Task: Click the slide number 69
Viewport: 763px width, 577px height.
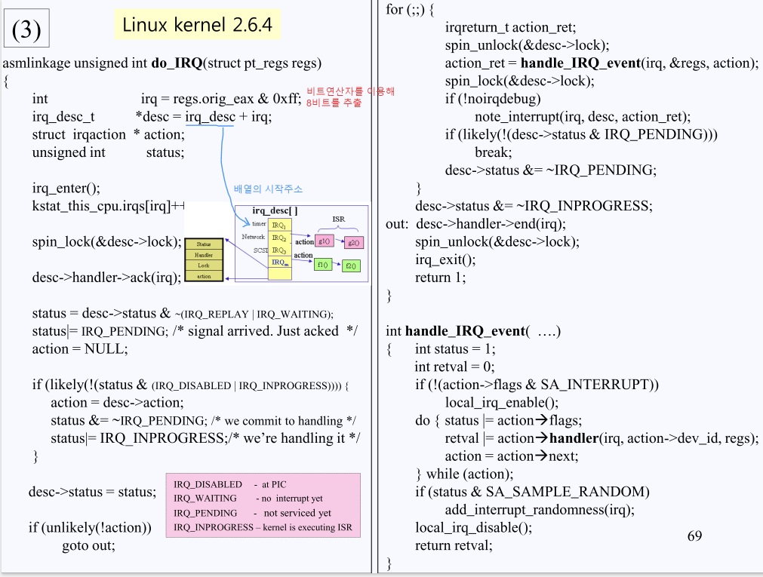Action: coord(694,536)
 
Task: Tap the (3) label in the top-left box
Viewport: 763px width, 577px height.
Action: coord(26,30)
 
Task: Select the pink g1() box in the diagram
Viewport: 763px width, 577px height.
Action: coord(325,241)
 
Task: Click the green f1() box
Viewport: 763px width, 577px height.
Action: coord(323,265)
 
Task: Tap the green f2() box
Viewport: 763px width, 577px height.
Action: coord(351,265)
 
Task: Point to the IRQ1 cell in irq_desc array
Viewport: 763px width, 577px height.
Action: coord(279,225)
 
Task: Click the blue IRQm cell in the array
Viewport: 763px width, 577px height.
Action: coord(279,262)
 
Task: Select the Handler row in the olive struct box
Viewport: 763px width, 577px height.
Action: coord(204,255)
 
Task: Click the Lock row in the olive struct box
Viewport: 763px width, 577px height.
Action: coord(204,265)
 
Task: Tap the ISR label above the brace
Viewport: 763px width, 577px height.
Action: coord(338,219)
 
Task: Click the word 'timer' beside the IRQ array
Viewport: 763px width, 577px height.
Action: coord(259,224)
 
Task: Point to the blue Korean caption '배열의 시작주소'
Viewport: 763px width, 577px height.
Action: coord(268,189)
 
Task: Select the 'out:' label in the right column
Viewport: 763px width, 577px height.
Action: coord(397,224)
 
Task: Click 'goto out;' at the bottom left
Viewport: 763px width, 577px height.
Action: coord(88,545)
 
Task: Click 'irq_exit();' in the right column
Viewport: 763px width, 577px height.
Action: coord(445,259)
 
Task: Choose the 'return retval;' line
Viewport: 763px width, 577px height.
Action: coord(454,545)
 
